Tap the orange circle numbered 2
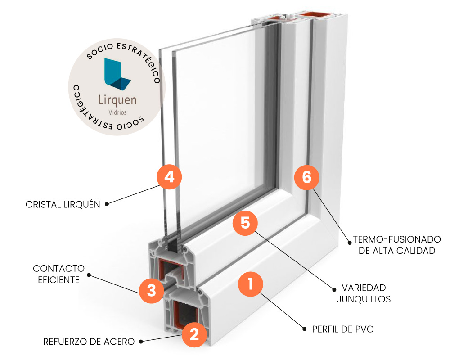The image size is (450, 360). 194,334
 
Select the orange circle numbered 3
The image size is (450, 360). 152,290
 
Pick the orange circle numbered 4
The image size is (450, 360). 169,177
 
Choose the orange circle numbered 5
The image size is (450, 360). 245,223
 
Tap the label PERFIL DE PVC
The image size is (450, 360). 343,329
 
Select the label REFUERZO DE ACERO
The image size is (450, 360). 89,342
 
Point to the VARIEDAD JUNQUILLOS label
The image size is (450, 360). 364,293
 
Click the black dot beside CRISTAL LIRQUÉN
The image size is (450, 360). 107,204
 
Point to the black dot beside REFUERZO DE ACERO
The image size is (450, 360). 141,342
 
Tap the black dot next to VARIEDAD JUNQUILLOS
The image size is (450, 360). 334,289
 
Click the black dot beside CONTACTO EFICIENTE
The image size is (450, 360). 89,274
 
